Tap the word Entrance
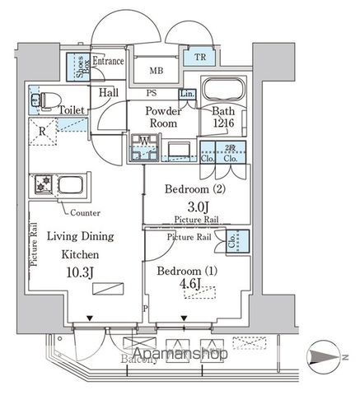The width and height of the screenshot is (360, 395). pos(108,61)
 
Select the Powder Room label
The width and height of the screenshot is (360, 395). pos(162,116)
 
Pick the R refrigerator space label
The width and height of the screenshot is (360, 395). pos(42,130)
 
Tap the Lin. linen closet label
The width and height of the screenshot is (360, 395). pos(186,94)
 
